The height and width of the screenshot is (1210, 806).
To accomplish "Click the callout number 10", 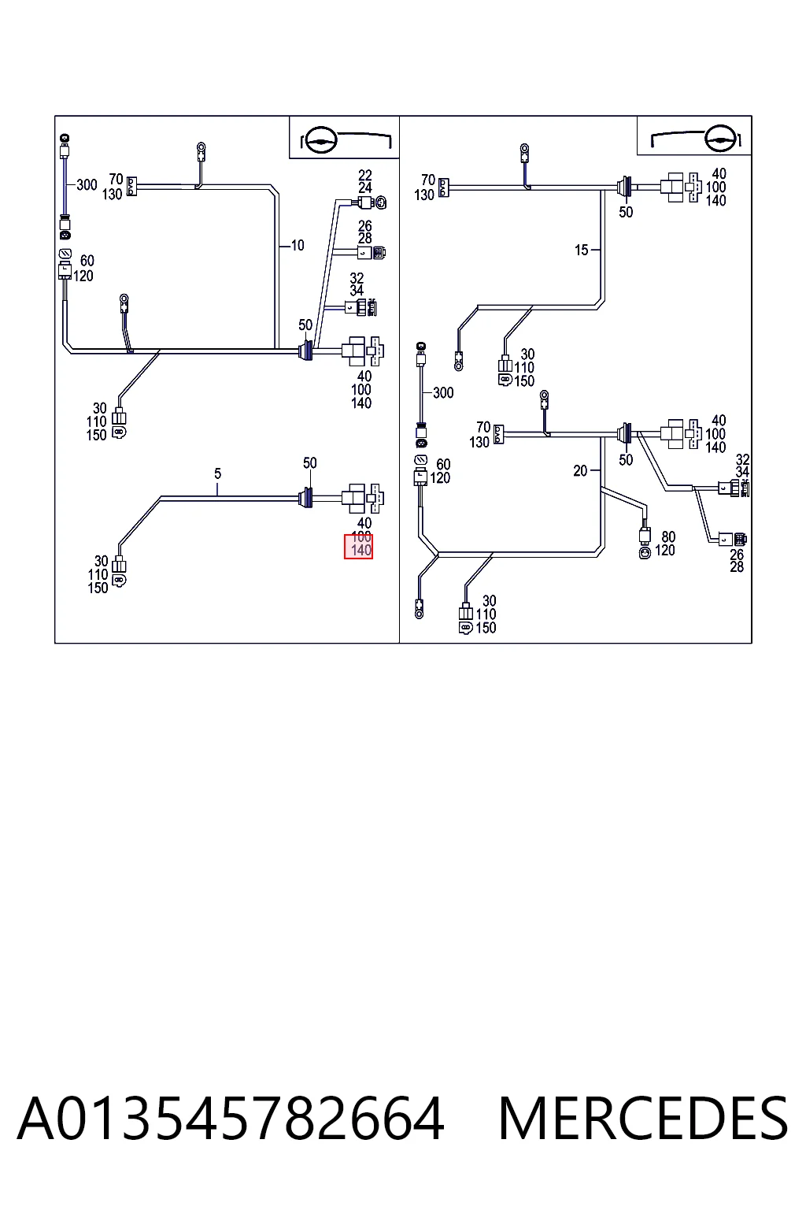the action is (298, 246).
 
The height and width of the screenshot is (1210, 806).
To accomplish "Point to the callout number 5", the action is (217, 473).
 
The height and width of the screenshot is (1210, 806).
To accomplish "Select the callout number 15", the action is (582, 250).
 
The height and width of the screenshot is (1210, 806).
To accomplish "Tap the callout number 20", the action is (580, 471).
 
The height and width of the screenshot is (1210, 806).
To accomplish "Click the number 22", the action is (365, 176).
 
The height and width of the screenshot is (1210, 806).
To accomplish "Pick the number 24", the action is (365, 188).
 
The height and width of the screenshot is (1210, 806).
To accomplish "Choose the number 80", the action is (668, 537).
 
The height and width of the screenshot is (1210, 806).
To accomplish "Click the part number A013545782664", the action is (231, 1118).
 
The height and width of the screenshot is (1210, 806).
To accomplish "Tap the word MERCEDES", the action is (643, 1118).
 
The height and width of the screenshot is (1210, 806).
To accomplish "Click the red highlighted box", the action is (358, 547).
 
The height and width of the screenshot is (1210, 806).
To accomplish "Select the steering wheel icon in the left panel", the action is (320, 141).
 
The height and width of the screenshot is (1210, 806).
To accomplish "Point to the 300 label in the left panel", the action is (87, 185).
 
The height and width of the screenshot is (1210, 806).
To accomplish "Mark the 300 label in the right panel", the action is (442, 393).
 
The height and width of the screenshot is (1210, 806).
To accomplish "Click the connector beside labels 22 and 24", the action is (373, 202).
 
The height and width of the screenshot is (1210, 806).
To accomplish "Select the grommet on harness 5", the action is (305, 498).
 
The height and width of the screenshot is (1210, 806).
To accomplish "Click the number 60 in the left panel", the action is (87, 261).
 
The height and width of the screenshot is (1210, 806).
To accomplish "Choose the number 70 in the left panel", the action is (116, 180).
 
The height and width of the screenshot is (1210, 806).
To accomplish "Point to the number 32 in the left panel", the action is (357, 278).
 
